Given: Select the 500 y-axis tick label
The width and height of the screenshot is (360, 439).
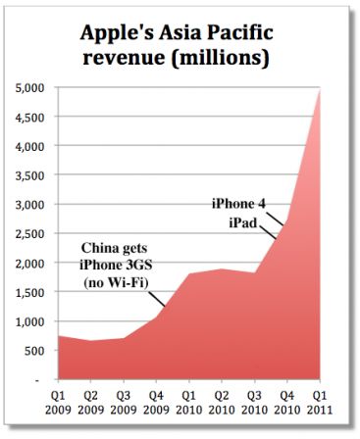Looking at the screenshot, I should click(x=35, y=351).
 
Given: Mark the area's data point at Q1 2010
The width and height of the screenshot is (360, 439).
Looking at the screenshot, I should click(x=190, y=274).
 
